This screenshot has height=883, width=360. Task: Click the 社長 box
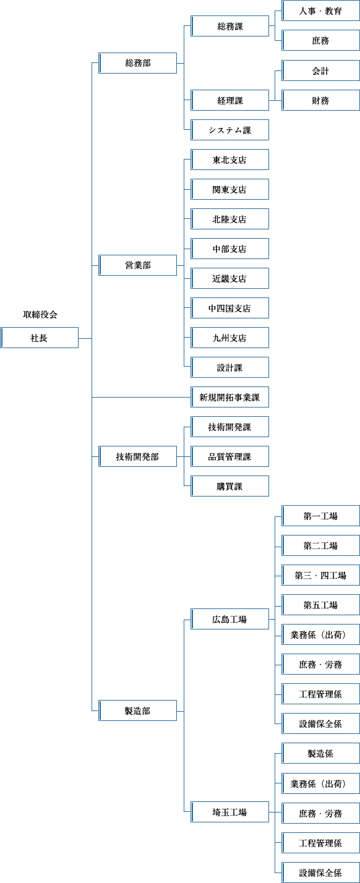(x=40, y=338)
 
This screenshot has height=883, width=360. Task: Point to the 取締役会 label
(x=40, y=315)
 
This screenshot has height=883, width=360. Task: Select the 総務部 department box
(x=137, y=63)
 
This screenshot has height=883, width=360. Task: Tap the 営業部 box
(x=137, y=265)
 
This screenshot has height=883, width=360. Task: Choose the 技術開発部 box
(x=137, y=456)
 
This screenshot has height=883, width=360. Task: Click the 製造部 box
(x=137, y=710)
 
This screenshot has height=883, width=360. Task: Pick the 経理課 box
(x=230, y=100)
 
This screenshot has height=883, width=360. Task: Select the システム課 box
(x=230, y=130)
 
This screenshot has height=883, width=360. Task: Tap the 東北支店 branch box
(x=230, y=160)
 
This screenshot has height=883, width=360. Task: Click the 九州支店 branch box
(x=230, y=338)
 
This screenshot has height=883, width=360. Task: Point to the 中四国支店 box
(x=230, y=308)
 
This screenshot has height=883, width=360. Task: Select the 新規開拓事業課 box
(x=230, y=397)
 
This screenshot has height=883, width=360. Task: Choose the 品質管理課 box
(x=230, y=456)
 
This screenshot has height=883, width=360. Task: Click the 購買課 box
(x=230, y=486)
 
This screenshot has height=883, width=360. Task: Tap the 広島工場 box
(x=230, y=619)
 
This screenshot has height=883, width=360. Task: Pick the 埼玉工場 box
(x=230, y=812)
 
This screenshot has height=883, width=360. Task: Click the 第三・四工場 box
(x=320, y=575)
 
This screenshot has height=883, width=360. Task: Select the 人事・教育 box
(x=320, y=11)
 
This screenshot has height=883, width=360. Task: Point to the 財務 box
(x=320, y=100)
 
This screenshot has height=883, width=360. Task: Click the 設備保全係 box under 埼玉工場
(x=320, y=872)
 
